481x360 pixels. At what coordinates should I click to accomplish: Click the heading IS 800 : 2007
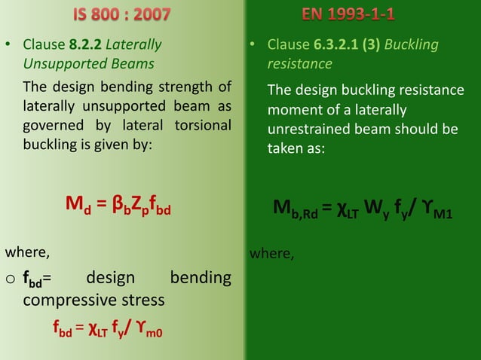[x=121, y=14]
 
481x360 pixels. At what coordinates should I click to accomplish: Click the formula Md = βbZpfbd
[x=119, y=208]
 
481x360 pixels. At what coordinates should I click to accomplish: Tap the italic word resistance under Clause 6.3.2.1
[x=300, y=64]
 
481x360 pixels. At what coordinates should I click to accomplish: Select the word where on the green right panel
[x=271, y=254]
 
